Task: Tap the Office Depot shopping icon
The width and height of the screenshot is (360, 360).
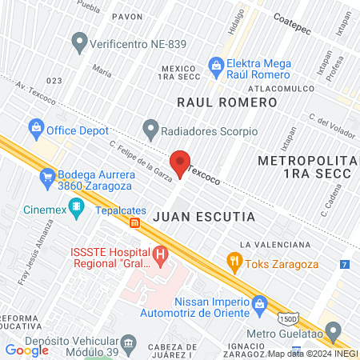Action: click(x=36, y=127)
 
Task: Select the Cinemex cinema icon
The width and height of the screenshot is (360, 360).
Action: click(x=76, y=209)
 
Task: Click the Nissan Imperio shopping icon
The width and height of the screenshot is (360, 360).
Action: click(x=259, y=303)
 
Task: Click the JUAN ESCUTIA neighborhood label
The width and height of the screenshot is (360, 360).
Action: click(x=203, y=217)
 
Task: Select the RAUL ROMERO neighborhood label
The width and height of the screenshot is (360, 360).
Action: click(x=226, y=102)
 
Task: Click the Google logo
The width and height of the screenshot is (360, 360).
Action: click(x=27, y=350)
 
